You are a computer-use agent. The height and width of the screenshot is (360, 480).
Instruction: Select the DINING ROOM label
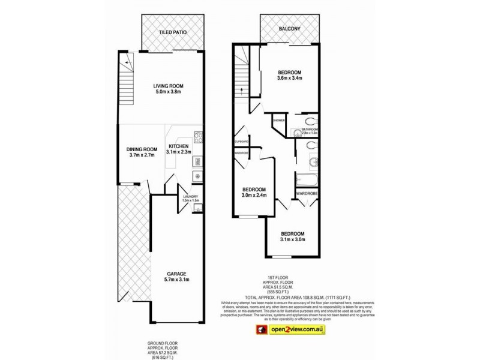coord(142,149)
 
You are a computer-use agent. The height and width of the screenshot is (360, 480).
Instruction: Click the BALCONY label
coord(289,28)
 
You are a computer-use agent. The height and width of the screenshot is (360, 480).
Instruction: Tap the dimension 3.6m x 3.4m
coord(289,78)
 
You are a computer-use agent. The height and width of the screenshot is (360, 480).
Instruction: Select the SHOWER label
coord(279,121)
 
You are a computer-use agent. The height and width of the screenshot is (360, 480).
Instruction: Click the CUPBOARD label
coord(242,142)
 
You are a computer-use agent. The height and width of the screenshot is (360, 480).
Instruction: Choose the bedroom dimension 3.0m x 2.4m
coord(254,195)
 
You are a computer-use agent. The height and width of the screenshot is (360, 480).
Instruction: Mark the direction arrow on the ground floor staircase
coord(127,61)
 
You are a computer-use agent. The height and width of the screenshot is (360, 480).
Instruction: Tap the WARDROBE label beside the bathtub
coord(306,193)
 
